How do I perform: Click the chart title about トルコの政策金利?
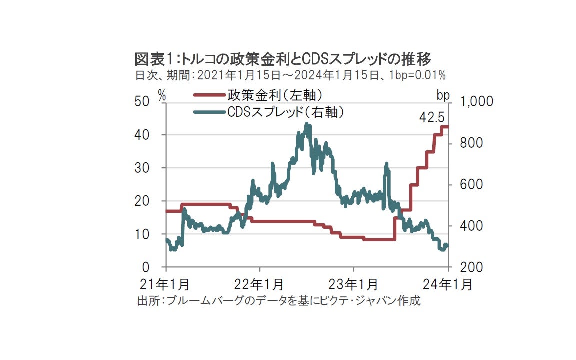tap(282, 60)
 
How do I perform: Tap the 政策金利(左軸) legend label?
tap(274, 94)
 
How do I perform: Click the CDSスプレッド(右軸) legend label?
tap(285, 112)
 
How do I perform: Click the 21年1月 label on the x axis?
tap(165, 284)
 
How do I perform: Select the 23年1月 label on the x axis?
tap(354, 284)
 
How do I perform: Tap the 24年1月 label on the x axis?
tap(448, 284)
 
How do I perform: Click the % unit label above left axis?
tap(162, 94)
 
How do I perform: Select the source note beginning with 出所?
tap(278, 301)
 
